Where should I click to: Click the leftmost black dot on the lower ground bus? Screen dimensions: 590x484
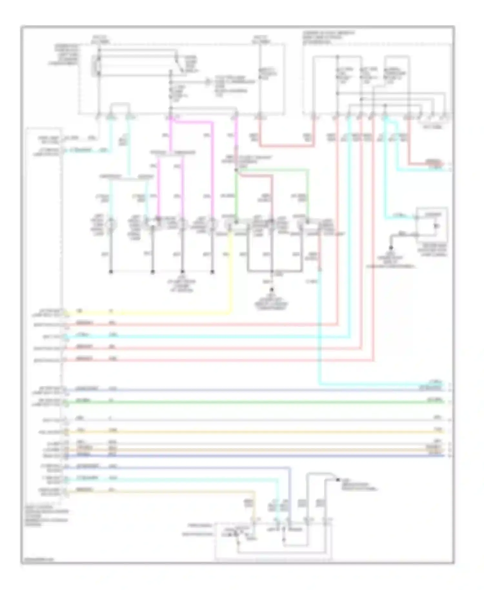click(111, 272)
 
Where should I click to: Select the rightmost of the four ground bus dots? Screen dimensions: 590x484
click(212, 272)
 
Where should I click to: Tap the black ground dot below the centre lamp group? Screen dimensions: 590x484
click(272, 290)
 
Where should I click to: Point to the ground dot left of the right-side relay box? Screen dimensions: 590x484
click(391, 248)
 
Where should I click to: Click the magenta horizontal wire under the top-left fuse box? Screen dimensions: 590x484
click(192, 122)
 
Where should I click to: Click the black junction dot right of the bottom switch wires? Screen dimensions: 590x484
click(338, 480)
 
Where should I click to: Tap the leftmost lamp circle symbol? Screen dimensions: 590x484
click(111, 224)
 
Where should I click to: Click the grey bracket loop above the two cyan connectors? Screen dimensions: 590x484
click(120, 105)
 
